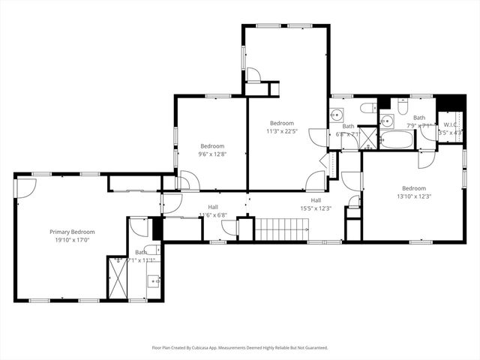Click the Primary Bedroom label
click(x=73, y=232)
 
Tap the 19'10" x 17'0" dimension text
click(x=73, y=241)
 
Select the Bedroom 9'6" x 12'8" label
click(x=211, y=145)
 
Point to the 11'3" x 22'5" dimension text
click(x=283, y=130)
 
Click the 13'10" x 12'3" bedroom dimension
click(x=413, y=196)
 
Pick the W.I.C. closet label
click(x=450, y=124)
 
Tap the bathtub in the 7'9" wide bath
click(x=396, y=139)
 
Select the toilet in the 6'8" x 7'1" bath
click(x=367, y=109)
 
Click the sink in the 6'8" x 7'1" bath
click(x=337, y=115)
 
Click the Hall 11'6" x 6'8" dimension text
click(x=213, y=215)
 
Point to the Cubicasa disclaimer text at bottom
click(x=240, y=347)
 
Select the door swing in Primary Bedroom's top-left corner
click(x=24, y=187)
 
